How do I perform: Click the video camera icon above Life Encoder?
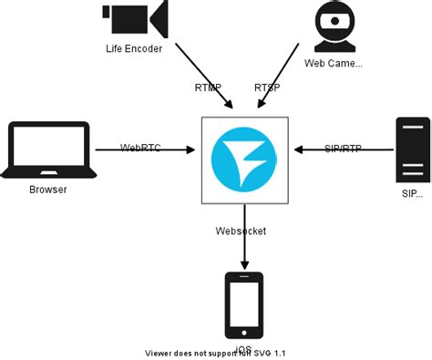(134, 18)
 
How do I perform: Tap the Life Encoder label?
(134, 48)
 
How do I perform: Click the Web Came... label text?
(333, 63)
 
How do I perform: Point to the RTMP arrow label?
(208, 88)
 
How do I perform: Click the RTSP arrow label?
(267, 88)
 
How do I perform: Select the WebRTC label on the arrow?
(140, 148)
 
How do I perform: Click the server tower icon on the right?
(411, 149)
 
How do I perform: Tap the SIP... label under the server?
(412, 194)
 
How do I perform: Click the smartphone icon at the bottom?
(243, 305)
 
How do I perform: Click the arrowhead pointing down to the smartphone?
(243, 263)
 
